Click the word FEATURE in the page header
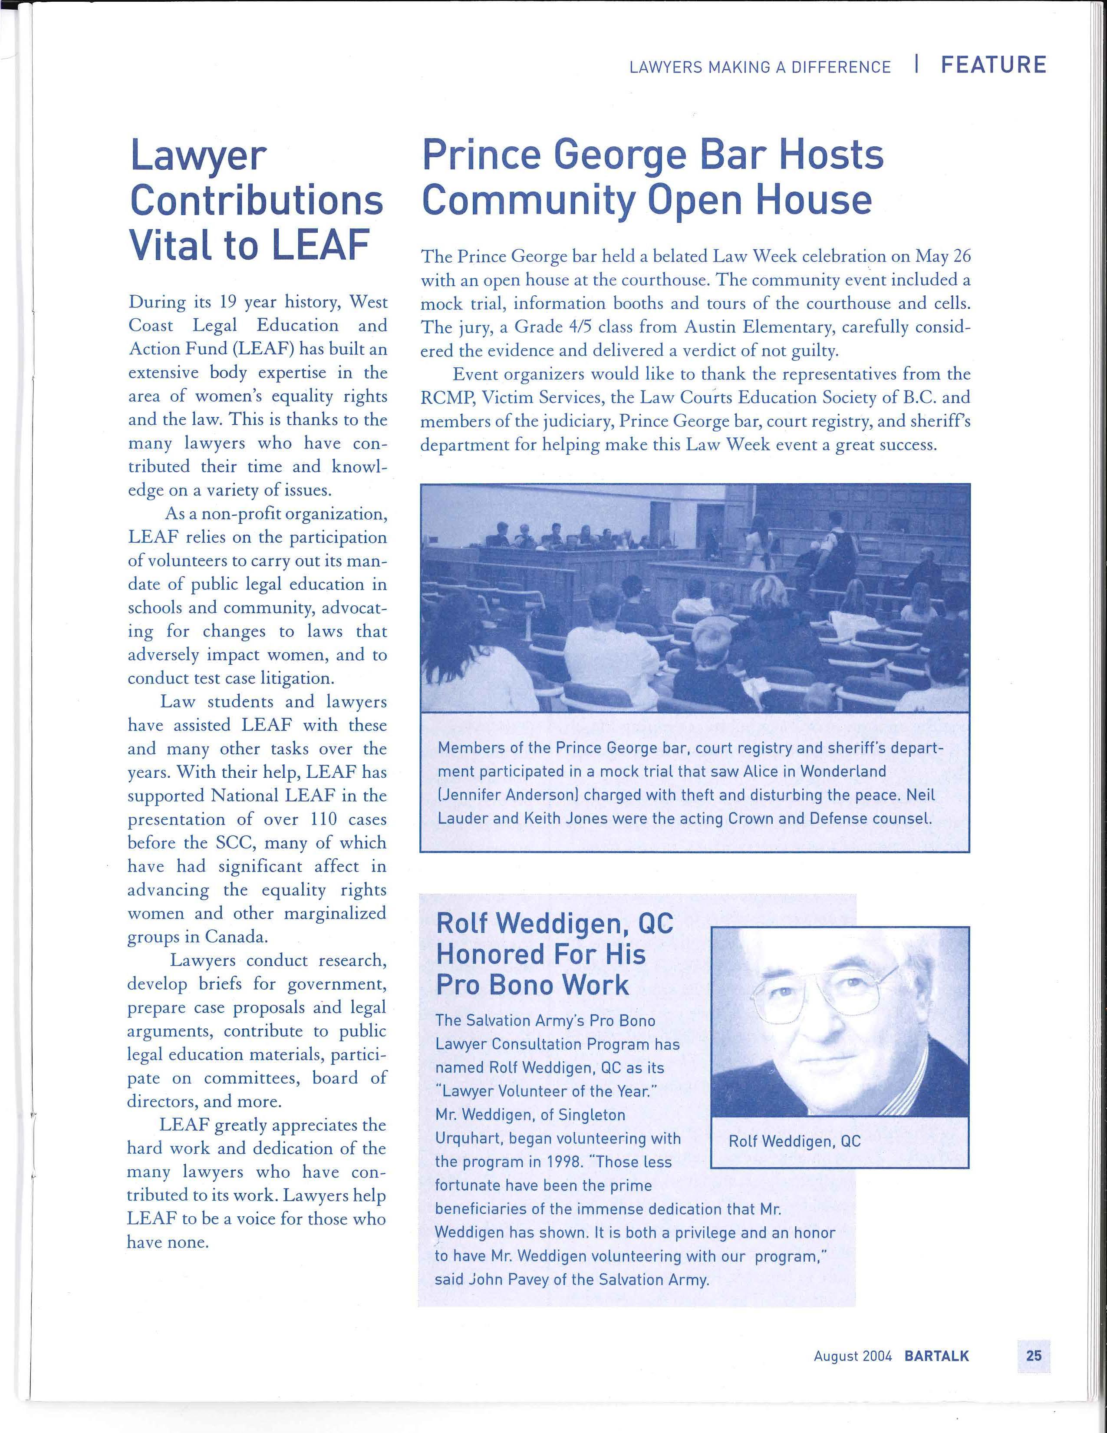994,65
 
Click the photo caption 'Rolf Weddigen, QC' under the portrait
794,1141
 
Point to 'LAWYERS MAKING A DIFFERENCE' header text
759,67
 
